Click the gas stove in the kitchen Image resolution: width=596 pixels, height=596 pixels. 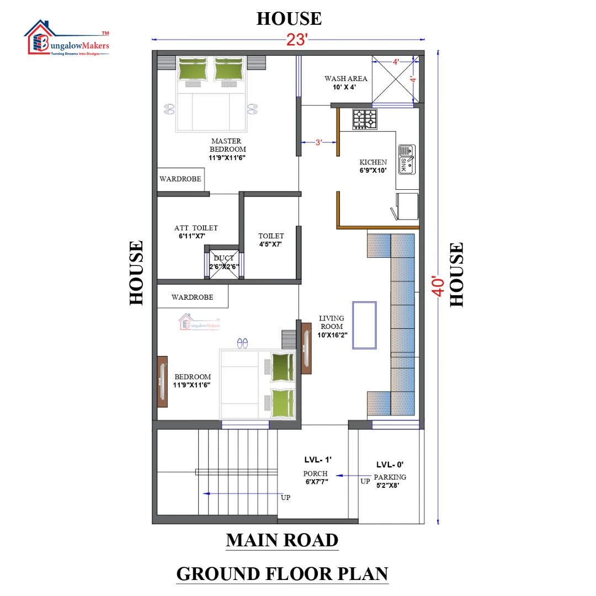tap(365, 119)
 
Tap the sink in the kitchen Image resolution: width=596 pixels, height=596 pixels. tap(407, 159)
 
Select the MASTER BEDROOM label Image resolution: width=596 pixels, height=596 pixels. tap(227, 145)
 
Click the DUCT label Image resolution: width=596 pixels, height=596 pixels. tap(223, 258)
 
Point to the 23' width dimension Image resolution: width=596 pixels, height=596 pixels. tap(297, 40)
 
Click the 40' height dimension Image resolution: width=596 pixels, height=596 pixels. tap(438, 286)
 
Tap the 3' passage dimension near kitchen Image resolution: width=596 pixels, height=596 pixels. tap(318, 142)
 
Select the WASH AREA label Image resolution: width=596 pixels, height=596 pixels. tap(346, 79)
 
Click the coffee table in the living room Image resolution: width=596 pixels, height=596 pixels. tap(364, 325)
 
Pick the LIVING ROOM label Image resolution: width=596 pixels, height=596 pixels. tap(332, 322)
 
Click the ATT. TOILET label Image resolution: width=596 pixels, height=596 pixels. tap(196, 228)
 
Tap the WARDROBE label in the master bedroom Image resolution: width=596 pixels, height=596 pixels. tap(180, 179)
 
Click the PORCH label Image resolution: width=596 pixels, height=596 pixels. tap(315, 473)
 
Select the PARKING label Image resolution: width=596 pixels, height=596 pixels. tap(390, 477)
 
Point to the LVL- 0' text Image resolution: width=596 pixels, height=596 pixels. tap(390, 465)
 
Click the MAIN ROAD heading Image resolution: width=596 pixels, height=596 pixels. tap(282, 540)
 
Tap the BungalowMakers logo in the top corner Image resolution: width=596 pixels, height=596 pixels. tap(67, 39)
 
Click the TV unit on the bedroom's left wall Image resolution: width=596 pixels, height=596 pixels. tap(162, 382)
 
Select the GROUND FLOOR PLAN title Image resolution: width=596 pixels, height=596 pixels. tap(282, 573)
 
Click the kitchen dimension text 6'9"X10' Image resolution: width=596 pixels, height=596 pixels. tap(373, 171)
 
